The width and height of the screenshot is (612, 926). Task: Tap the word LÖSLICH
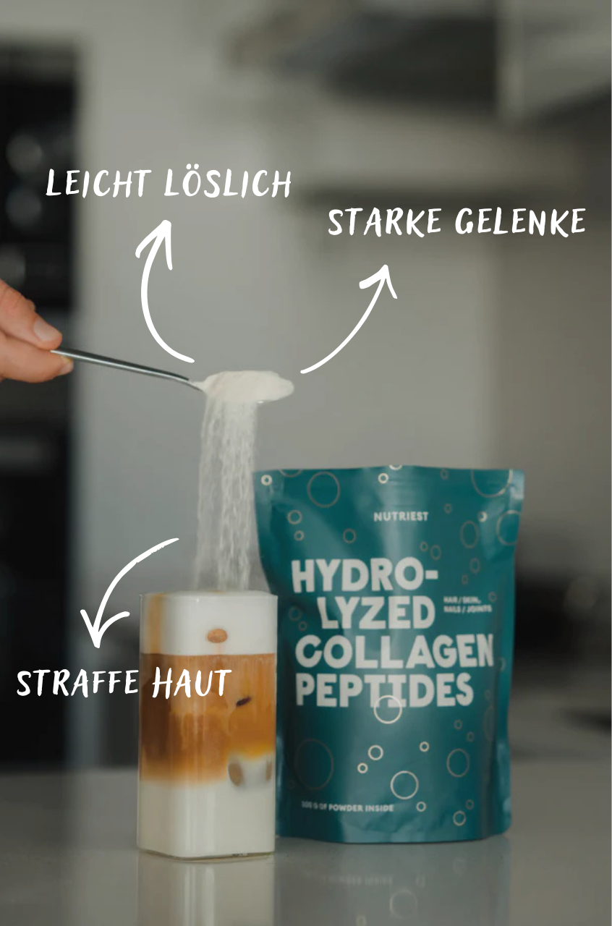tap(227, 184)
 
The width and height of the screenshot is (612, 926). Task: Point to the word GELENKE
tap(519, 222)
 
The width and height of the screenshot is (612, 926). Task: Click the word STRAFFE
tap(76, 683)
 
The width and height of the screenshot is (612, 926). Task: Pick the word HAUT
tap(191, 683)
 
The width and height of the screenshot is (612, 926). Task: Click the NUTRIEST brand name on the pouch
tap(401, 517)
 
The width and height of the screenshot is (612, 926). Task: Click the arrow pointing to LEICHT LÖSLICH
tap(156, 289)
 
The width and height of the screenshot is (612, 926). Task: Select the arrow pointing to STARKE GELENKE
tap(354, 318)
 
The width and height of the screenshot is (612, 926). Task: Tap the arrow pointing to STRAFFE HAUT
tap(123, 586)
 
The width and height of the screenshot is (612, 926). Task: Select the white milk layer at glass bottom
tap(206, 817)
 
